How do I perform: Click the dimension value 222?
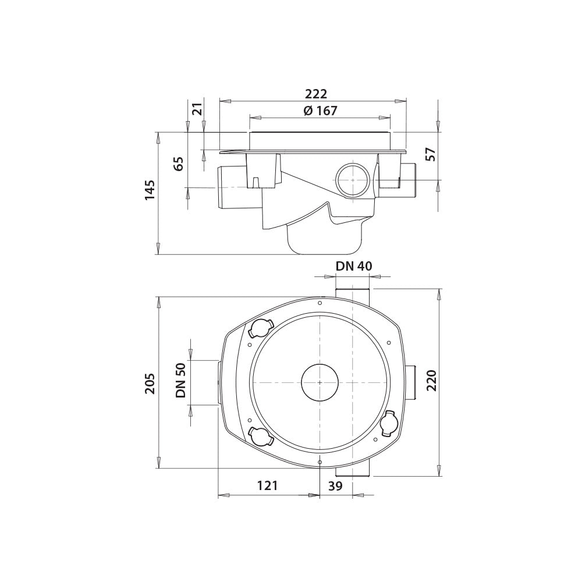point(316,94)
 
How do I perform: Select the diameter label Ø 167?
point(320,111)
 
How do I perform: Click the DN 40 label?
point(354,266)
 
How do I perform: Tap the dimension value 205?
point(150,383)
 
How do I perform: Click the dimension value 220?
point(431,381)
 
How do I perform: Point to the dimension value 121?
point(268,485)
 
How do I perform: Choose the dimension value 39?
point(335,485)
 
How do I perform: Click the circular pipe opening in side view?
point(352,181)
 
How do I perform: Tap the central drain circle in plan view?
point(320,382)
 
